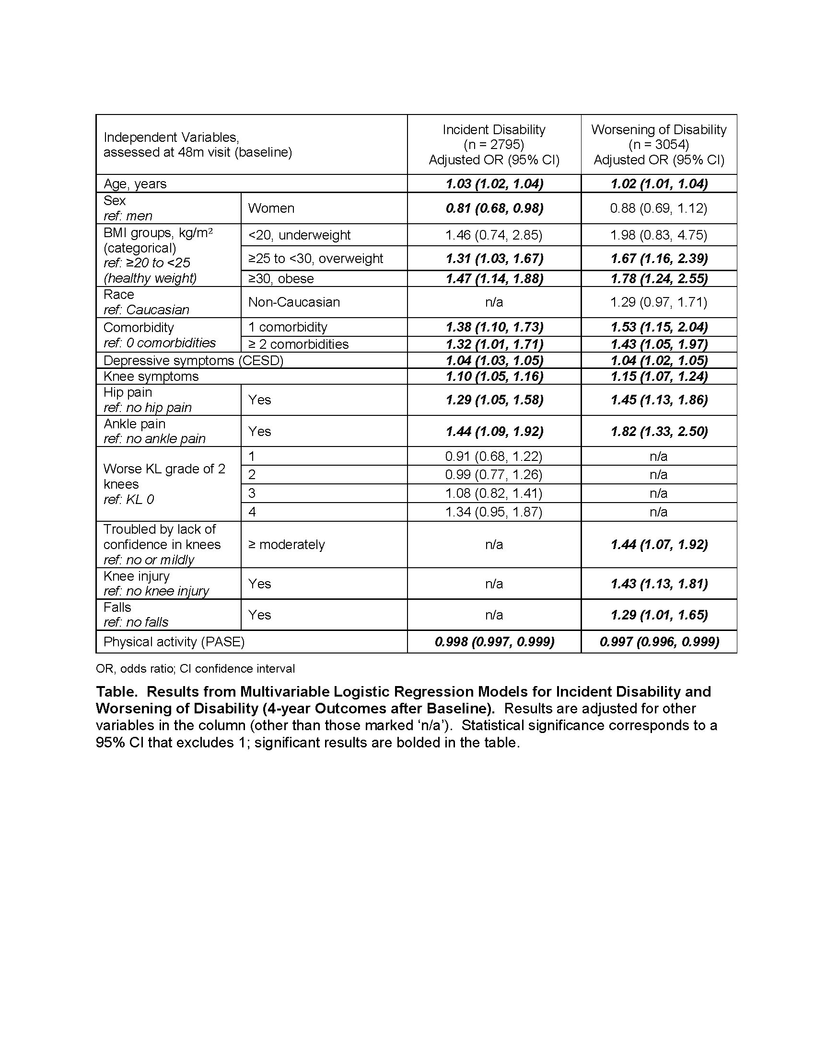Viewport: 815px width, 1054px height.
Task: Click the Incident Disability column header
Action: point(494,144)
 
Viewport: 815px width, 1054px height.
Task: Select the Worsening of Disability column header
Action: point(659,144)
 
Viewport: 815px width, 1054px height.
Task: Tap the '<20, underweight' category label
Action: point(299,235)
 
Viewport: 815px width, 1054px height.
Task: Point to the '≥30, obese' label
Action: point(281,278)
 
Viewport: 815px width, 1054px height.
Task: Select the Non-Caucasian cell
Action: point(294,302)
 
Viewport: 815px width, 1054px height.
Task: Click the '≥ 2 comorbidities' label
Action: point(298,344)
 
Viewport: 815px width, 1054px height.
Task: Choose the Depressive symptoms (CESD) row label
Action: point(193,360)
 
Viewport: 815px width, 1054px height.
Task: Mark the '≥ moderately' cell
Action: point(286,544)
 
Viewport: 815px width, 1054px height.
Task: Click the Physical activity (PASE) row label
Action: point(174,642)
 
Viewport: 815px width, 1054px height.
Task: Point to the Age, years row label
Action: point(135,184)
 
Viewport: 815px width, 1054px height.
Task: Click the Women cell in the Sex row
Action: point(271,208)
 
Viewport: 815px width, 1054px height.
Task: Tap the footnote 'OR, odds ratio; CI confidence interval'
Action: point(195,668)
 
